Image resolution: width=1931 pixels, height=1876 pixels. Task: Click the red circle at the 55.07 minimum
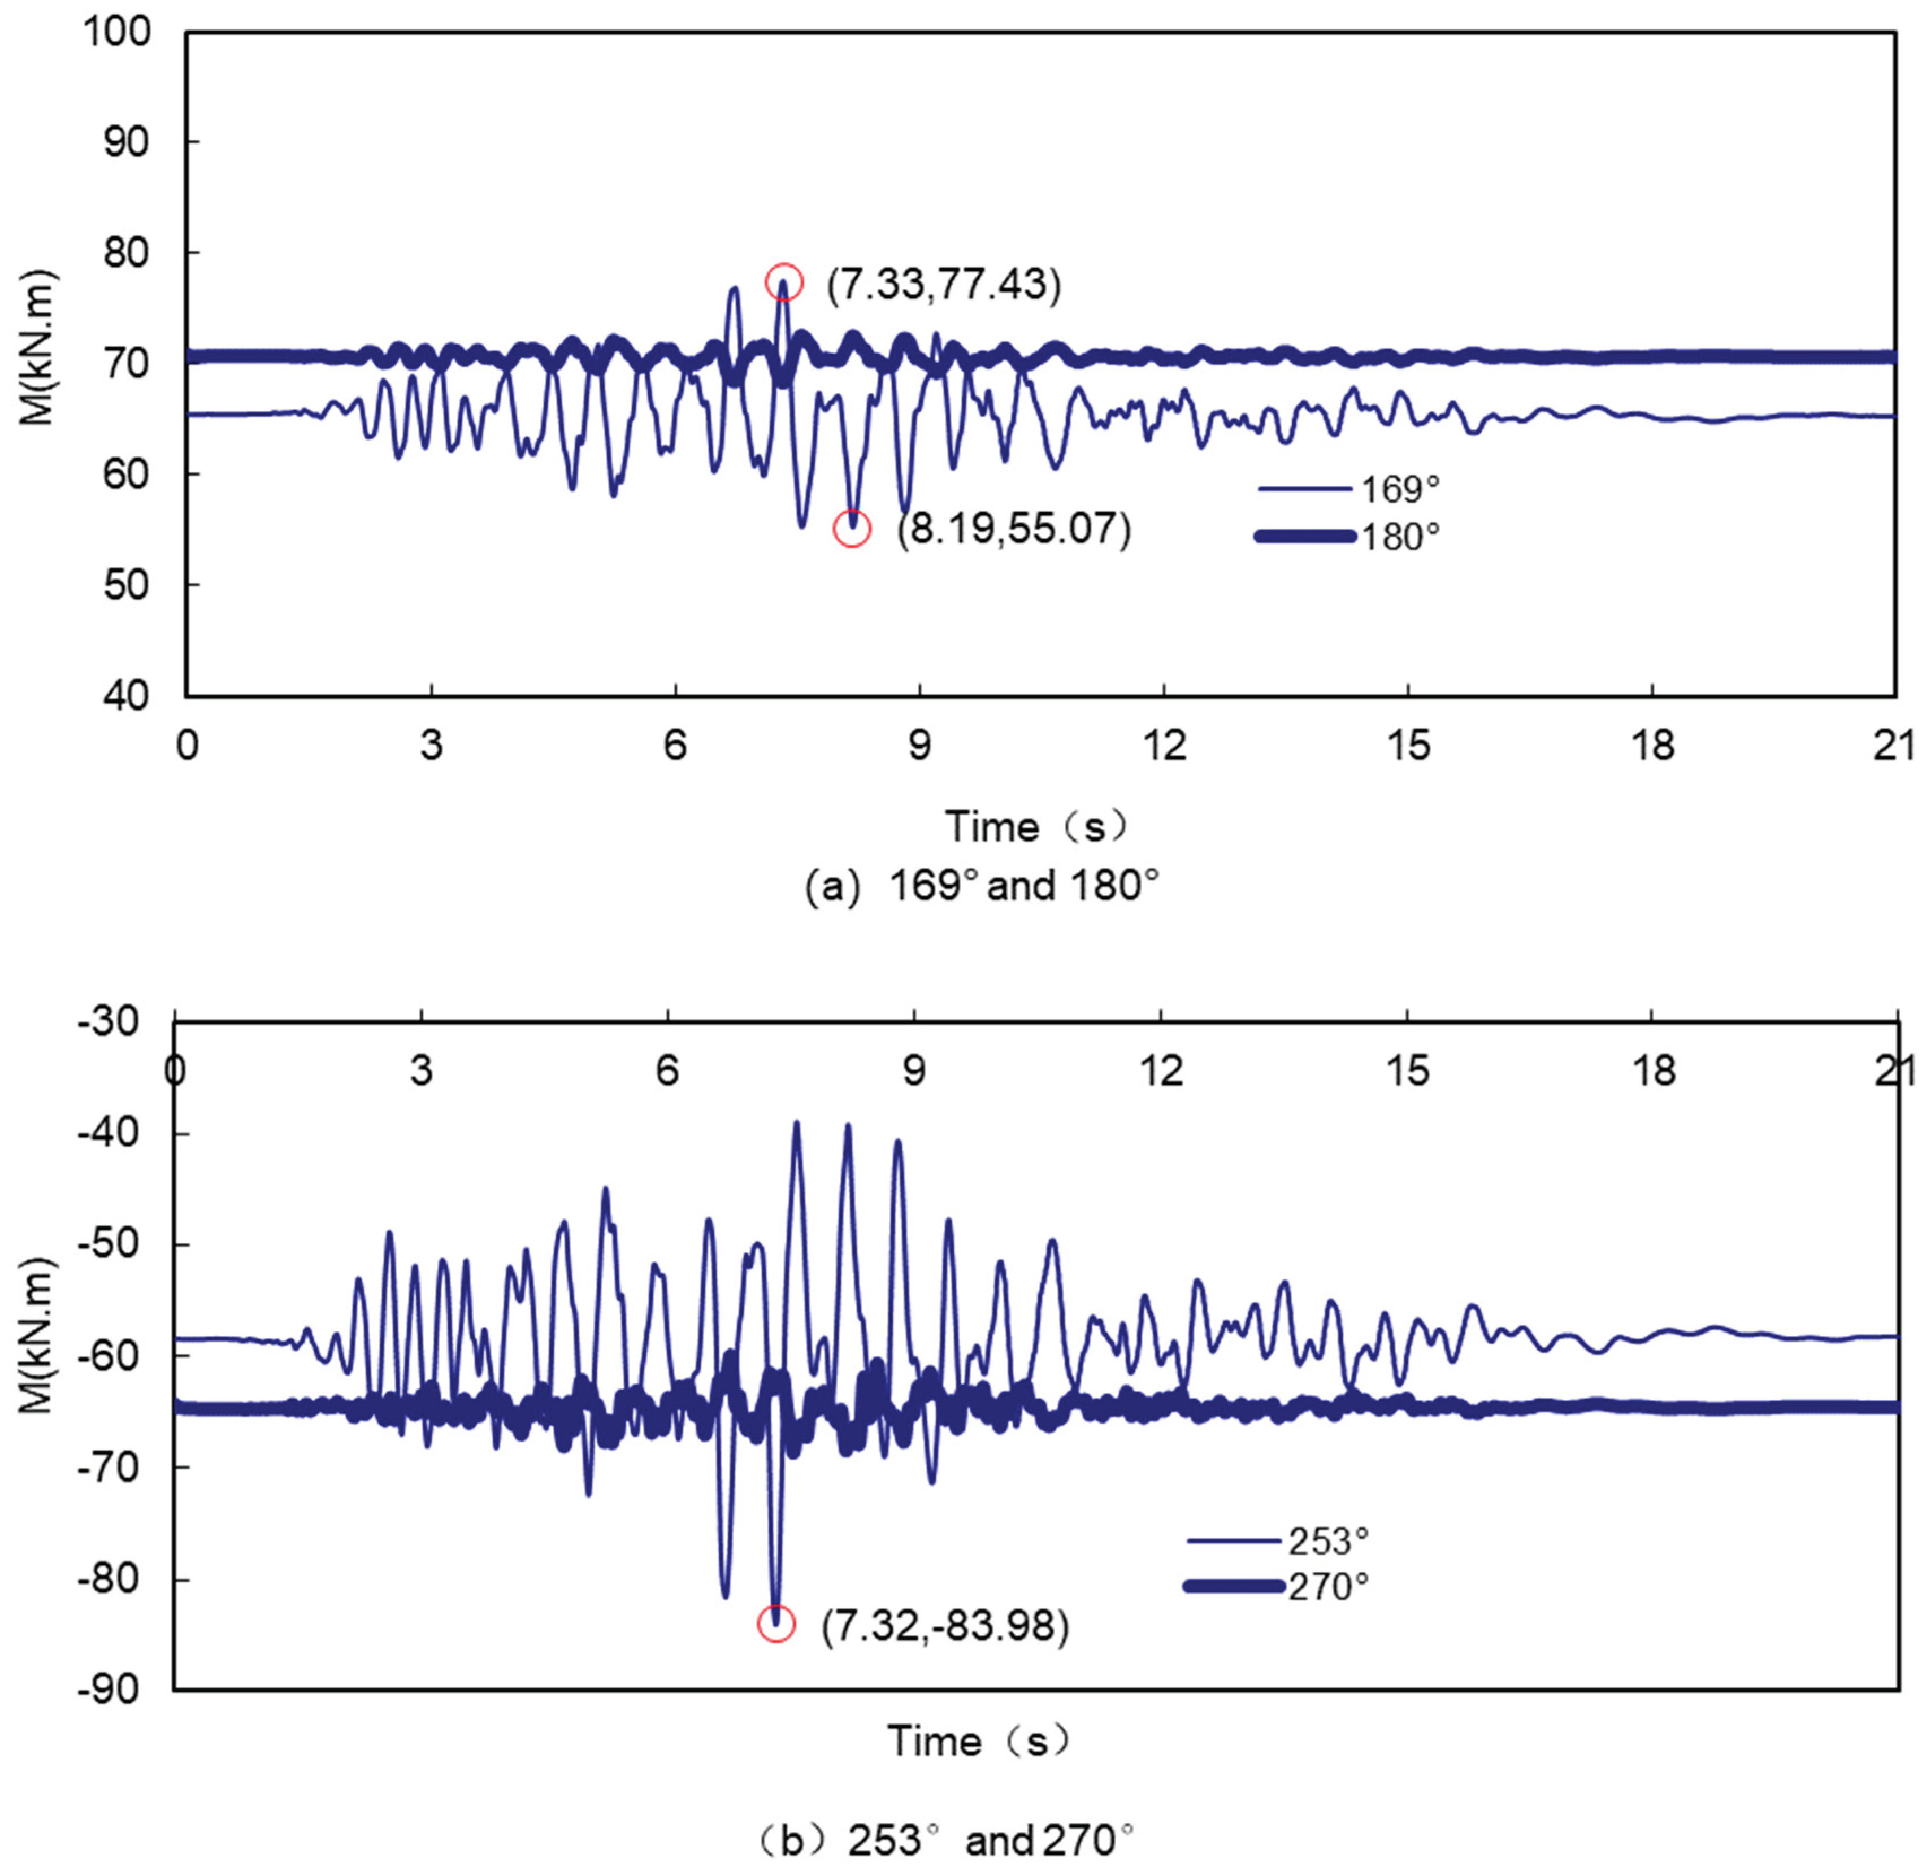[852, 529]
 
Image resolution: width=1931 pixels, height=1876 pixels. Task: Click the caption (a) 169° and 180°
[982, 887]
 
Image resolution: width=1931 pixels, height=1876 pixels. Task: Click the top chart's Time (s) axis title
[1035, 826]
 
